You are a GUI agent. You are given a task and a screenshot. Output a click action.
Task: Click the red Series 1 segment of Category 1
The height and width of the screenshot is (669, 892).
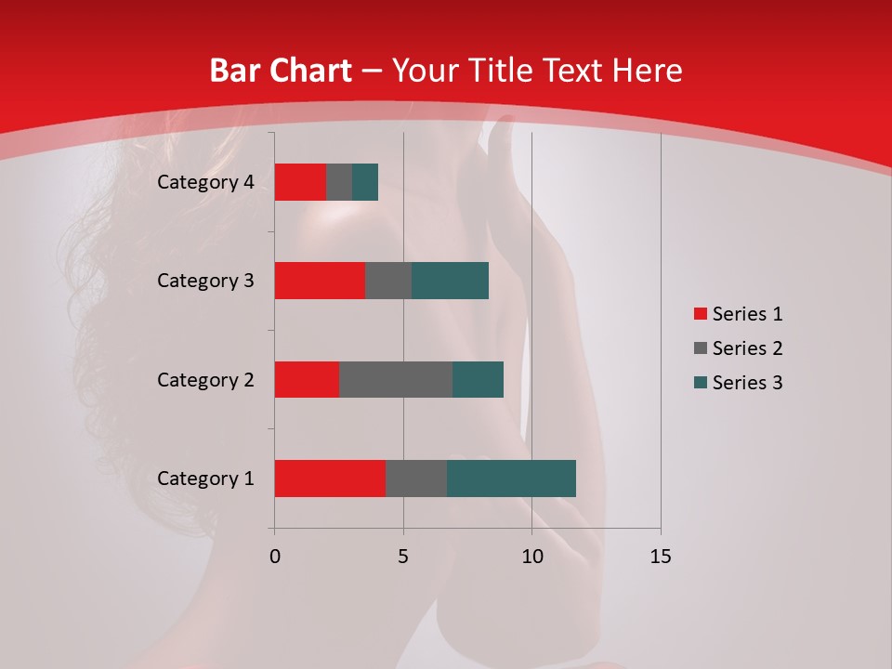pos(330,479)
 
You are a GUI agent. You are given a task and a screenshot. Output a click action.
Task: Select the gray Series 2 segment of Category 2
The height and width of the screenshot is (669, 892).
pos(396,379)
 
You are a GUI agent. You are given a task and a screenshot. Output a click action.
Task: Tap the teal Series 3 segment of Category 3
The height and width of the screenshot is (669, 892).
pos(450,281)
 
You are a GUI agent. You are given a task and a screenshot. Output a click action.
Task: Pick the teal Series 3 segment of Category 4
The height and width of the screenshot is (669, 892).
pos(365,182)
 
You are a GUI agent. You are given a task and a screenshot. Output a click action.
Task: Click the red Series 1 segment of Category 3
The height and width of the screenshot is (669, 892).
pos(320,281)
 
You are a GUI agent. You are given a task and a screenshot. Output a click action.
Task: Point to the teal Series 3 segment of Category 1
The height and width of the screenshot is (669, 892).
pos(511,479)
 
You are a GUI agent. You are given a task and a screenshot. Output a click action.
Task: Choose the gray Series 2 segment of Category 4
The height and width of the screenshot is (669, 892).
pos(339,182)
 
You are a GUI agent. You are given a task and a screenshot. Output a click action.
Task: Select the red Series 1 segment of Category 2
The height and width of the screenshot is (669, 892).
pos(307,379)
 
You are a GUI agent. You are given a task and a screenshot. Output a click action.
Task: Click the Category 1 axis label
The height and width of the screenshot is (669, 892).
pos(205,479)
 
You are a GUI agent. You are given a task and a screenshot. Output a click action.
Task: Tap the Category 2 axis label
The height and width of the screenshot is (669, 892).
pos(205,379)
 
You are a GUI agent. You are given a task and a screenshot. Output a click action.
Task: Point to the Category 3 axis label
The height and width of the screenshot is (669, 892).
pos(205,281)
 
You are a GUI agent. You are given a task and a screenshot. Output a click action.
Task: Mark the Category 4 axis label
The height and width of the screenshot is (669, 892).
pos(205,182)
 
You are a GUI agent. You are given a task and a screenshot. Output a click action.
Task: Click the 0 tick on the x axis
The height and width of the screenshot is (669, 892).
pos(275,557)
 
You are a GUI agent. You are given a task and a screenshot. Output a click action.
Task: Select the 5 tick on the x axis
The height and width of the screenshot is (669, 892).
pos(403,557)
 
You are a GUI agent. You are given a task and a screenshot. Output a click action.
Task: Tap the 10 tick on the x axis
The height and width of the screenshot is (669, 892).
pos(531,557)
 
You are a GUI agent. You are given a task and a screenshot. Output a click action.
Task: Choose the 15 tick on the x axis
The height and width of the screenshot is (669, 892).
pos(660,557)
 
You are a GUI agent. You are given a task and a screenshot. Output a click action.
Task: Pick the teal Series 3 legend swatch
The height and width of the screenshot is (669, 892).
pos(700,383)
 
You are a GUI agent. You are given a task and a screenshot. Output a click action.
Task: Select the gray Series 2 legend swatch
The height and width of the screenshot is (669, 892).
pos(700,348)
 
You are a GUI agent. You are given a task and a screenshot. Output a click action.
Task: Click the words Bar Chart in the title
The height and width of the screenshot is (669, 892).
pos(281,71)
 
